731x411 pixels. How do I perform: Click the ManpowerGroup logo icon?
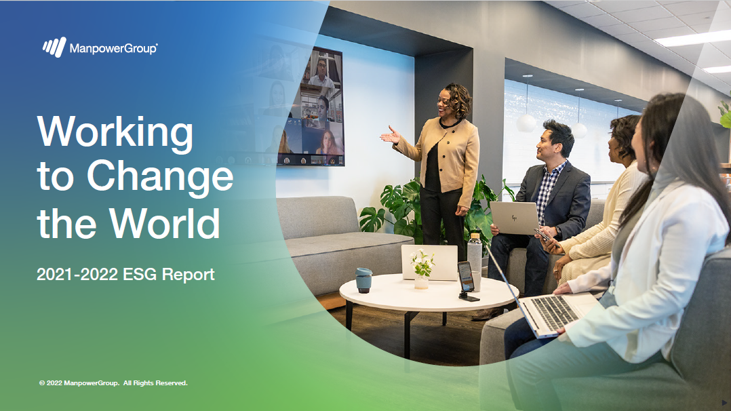(54, 47)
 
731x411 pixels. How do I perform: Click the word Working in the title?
(115, 134)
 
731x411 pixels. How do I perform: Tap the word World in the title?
(164, 223)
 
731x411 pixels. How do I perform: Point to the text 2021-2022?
(77, 274)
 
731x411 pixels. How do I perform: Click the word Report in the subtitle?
(188, 275)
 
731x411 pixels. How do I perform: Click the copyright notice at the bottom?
(113, 383)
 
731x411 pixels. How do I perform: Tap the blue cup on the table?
(363, 280)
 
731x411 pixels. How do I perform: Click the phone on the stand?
(466, 277)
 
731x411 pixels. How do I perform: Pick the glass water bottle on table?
(474, 260)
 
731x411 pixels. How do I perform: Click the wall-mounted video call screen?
(311, 107)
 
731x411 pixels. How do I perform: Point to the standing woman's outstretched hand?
(390, 136)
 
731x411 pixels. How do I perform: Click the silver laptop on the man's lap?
(514, 218)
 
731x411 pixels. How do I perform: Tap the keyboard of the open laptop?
(554, 313)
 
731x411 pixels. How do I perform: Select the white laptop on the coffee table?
(429, 262)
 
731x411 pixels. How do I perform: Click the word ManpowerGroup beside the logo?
(113, 48)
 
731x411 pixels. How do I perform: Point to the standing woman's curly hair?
(458, 99)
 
